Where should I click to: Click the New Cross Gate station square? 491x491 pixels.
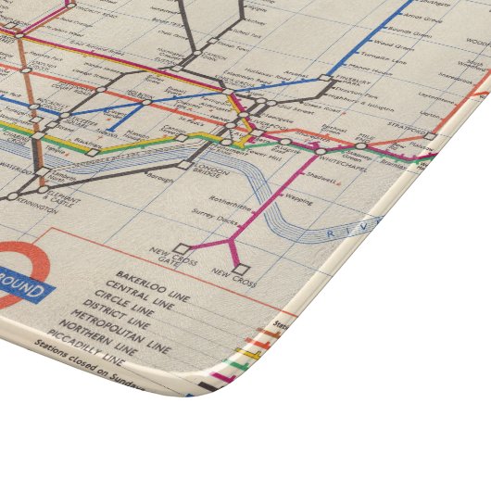(x=183, y=248)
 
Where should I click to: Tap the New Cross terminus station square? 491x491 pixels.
(x=244, y=270)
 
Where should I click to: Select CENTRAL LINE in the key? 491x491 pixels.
(x=145, y=288)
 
